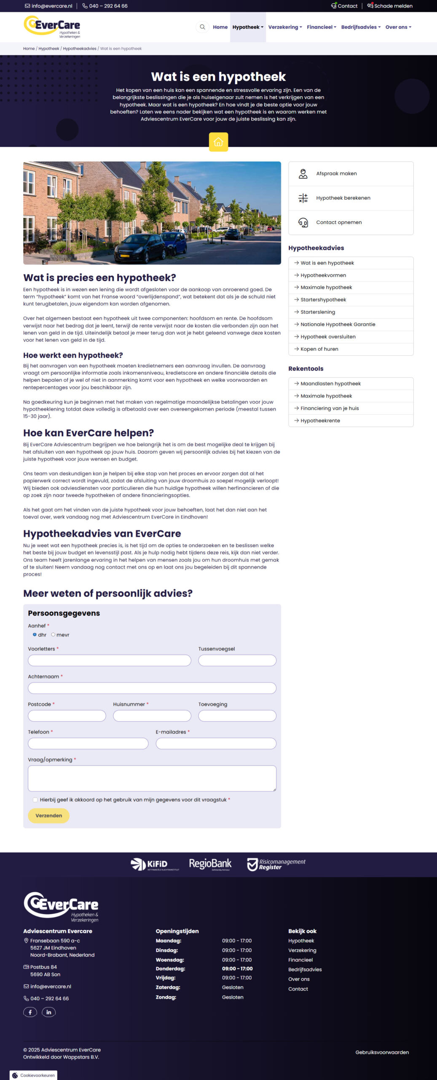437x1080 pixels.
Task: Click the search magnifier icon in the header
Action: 202,27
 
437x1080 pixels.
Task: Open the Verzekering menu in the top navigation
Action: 285,27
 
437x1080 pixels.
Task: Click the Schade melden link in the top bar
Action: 390,6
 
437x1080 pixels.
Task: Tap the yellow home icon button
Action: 218,142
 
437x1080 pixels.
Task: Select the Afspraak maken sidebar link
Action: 336,173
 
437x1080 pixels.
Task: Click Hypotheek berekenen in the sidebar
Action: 343,198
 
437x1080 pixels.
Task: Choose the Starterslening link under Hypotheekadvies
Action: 318,312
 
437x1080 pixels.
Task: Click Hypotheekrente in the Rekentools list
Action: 320,421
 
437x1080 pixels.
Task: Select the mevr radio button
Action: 53,634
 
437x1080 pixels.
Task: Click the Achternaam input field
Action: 152,688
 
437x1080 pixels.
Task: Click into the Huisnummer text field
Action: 152,715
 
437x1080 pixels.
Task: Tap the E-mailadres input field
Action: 216,743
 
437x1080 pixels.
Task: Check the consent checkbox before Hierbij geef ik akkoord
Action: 35,799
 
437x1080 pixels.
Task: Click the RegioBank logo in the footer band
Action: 210,864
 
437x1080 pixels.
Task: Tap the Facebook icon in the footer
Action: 30,1012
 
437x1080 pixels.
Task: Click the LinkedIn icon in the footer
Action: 48,1012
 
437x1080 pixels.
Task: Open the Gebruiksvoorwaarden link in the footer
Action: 382,1052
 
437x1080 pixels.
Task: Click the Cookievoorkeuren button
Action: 33,1075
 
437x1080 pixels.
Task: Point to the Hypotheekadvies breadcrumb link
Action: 80,49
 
